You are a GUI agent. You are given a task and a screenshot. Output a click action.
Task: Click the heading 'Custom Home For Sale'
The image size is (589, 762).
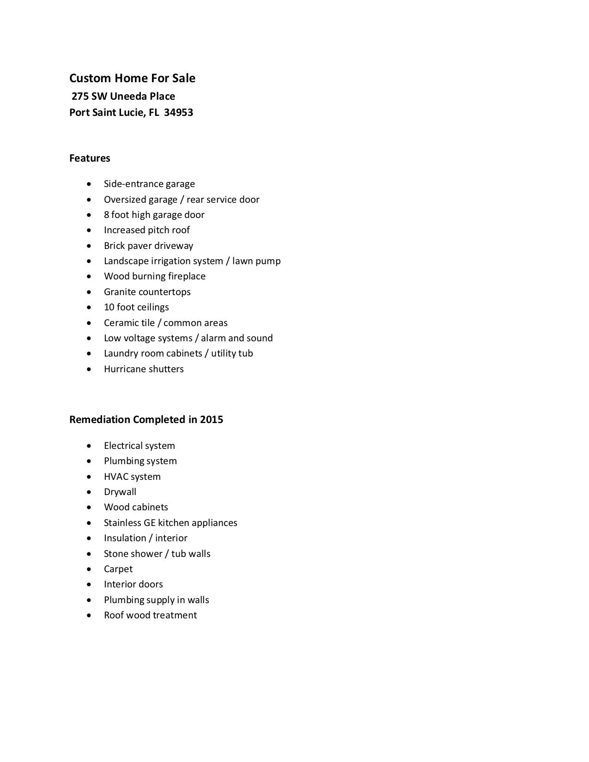click(x=132, y=78)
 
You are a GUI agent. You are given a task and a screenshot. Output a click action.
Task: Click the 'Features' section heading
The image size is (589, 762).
click(x=90, y=158)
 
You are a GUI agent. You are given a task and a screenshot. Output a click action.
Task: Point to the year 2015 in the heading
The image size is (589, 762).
click(x=212, y=419)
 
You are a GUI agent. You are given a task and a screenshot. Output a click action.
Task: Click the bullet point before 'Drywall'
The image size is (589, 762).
click(x=89, y=492)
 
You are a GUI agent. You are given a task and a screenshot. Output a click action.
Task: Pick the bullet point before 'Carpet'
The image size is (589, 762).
click(x=89, y=569)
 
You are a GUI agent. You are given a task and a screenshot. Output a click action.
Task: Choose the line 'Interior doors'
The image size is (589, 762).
click(x=133, y=584)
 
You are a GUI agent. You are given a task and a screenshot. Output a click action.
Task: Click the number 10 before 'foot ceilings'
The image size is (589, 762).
click(x=109, y=307)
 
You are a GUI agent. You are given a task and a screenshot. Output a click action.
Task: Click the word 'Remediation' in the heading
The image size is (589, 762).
click(x=100, y=419)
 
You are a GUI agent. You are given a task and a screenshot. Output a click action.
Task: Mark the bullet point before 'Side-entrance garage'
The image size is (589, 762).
click(x=89, y=184)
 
